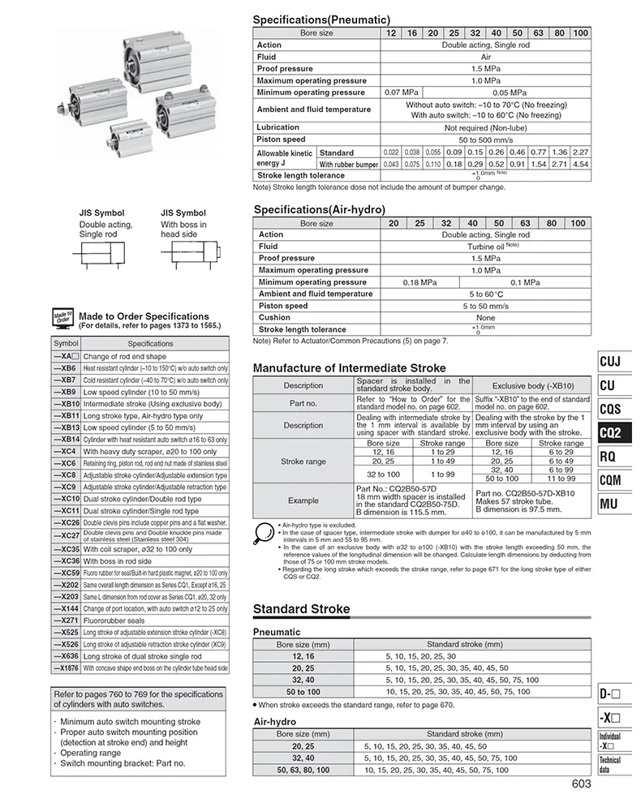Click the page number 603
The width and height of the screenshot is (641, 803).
(580, 784)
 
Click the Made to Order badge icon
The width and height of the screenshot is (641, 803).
(63, 318)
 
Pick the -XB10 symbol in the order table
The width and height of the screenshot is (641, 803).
(67, 403)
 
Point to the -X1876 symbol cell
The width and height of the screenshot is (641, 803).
(67, 668)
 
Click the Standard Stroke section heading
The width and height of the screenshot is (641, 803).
(302, 609)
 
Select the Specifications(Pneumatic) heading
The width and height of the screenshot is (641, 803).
(321, 19)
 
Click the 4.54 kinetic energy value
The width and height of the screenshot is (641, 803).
(580, 164)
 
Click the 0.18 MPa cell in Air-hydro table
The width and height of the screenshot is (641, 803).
(421, 281)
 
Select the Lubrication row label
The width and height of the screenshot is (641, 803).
(278, 127)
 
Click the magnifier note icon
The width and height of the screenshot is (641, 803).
(264, 533)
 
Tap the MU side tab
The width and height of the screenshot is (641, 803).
(609, 505)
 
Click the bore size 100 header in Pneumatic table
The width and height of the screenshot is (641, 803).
(580, 32)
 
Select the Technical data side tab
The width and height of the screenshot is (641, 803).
(609, 764)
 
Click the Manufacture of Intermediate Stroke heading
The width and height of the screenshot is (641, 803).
(350, 368)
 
